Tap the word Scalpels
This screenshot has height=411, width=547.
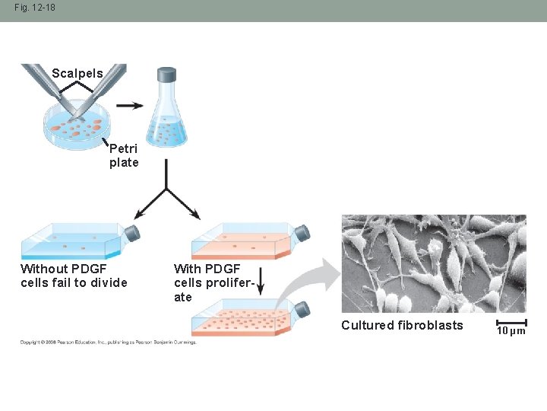click(x=77, y=74)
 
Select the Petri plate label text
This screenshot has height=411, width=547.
click(x=124, y=156)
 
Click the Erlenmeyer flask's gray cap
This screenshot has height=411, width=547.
click(x=166, y=74)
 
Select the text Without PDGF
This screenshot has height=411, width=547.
click(x=64, y=269)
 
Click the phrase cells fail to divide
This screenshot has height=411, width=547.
click(x=74, y=283)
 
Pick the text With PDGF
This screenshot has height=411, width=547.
click(x=207, y=269)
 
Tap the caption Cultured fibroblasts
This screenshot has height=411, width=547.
click(x=402, y=326)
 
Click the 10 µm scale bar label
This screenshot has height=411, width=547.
click(x=511, y=331)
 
